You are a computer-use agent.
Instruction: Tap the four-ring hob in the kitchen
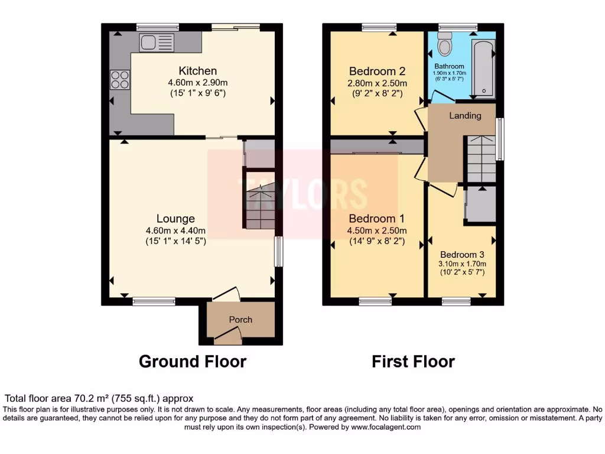pyautogui.click(x=120, y=79)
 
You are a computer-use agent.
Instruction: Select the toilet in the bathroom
pyautogui.click(x=445, y=43)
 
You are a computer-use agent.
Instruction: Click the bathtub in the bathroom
pyautogui.click(x=483, y=69)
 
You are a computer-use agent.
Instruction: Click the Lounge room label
pyautogui.click(x=175, y=219)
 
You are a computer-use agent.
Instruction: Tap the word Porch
pyautogui.click(x=240, y=320)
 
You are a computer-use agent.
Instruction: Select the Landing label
pyautogui.click(x=465, y=116)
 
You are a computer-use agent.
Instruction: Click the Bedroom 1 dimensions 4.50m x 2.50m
pyautogui.click(x=376, y=231)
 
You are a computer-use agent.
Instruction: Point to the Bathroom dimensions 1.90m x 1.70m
pyautogui.click(x=450, y=73)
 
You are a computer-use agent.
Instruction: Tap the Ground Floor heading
pyautogui.click(x=193, y=361)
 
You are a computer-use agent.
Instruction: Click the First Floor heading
pyautogui.click(x=413, y=361)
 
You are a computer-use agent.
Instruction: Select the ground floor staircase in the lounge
pyautogui.click(x=260, y=207)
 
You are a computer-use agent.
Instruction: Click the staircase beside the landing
pyautogui.click(x=481, y=158)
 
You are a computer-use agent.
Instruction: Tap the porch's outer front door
pyautogui.click(x=228, y=339)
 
